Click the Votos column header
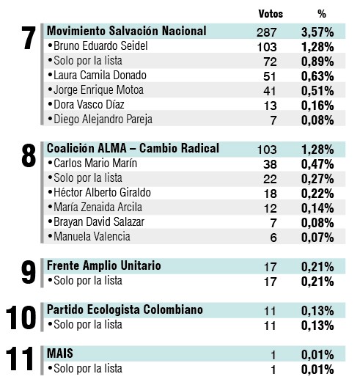click(271, 13)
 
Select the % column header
click(321, 13)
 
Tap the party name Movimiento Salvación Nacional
click(126, 31)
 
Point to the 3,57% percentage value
click(317, 32)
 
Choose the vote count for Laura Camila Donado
click(271, 76)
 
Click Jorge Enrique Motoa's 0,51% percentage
click(317, 90)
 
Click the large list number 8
click(29, 156)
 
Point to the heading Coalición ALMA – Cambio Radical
click(133, 148)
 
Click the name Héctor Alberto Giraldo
click(100, 193)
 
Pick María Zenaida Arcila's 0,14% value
click(317, 207)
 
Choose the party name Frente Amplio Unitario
click(104, 265)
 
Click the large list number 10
click(21, 317)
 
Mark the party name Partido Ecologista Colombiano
click(125, 309)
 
